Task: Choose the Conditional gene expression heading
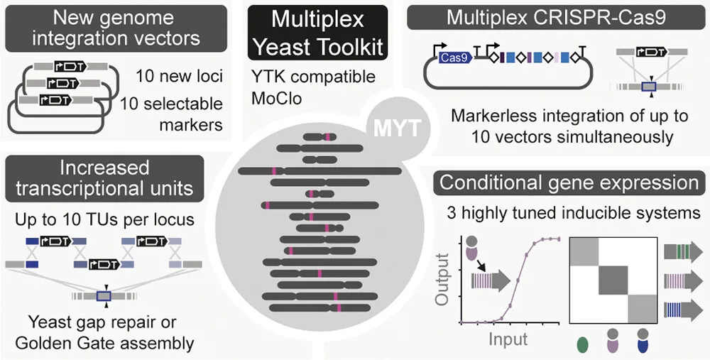[569, 182]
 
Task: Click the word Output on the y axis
[443, 280]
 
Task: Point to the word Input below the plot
[508, 339]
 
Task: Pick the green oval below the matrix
[584, 344]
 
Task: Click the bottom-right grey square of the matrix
[643, 308]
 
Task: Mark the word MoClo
[276, 97]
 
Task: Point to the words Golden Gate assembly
[103, 344]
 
